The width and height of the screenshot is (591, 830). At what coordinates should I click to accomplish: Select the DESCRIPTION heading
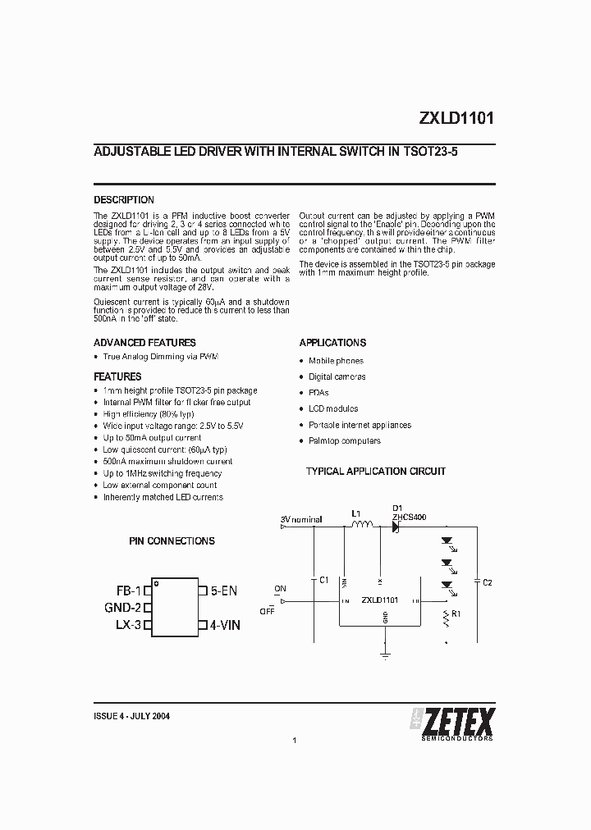124,200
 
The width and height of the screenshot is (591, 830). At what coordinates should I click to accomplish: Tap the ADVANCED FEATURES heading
144,343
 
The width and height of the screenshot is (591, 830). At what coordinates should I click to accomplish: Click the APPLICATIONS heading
332,343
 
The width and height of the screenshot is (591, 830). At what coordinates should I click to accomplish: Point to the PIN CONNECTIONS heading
172,541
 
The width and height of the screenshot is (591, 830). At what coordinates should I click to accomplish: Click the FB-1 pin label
128,590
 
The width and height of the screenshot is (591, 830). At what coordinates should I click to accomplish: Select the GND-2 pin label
123,608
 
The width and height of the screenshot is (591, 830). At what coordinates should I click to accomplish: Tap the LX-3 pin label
129,625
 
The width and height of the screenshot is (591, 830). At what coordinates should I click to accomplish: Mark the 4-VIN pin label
225,625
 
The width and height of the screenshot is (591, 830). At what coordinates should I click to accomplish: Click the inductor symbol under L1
362,527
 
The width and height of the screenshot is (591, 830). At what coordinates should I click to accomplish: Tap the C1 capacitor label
323,580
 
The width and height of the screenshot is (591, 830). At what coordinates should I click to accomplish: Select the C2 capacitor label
487,581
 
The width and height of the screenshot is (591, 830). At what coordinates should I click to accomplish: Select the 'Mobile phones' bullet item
336,361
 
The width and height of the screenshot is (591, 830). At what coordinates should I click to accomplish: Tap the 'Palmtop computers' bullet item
345,441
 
